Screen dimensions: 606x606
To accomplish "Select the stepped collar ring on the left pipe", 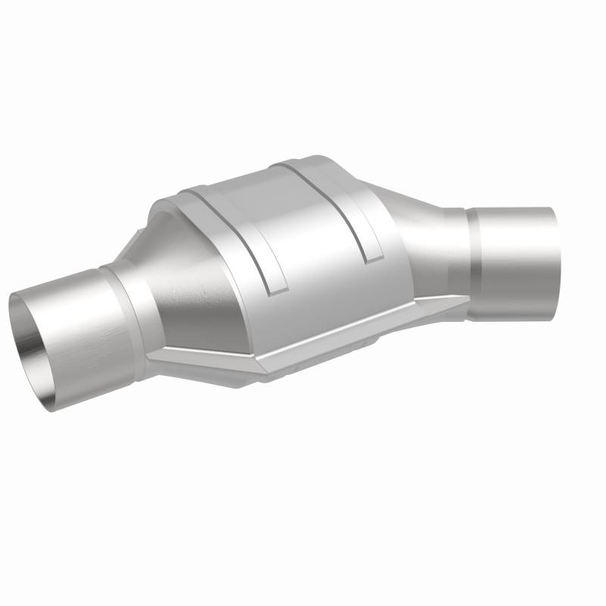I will point(114,284).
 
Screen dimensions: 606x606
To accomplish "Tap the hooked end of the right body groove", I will point(372,258).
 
